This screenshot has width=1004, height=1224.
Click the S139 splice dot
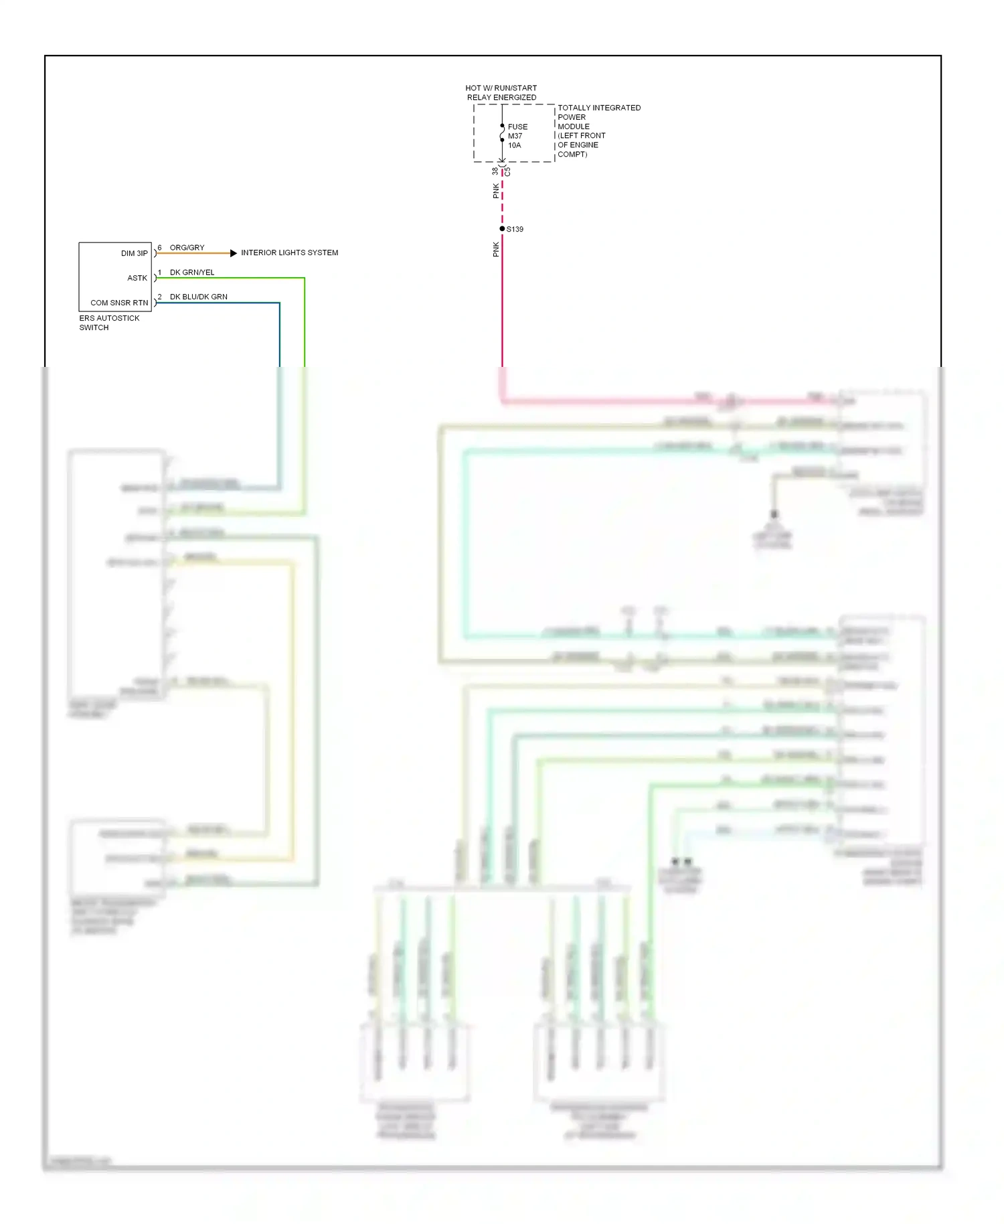coord(502,229)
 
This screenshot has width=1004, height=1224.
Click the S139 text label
coord(515,229)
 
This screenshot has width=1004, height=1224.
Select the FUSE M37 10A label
coord(517,136)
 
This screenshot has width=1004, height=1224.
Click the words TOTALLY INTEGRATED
coord(599,108)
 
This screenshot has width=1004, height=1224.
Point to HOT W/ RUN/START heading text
coord(501,88)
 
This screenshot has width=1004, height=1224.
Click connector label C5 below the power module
coord(508,172)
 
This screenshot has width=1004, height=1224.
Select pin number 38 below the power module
coord(495,171)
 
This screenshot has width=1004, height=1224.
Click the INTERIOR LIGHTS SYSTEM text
coord(289,253)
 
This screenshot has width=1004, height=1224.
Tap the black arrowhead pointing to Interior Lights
coord(233,253)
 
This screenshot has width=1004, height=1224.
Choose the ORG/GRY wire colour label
coord(187,248)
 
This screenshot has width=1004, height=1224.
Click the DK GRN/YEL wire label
coord(192,273)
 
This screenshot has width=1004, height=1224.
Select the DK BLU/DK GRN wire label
coord(198,297)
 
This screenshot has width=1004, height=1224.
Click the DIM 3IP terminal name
coord(134,254)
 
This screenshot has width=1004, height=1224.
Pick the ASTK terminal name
coord(137,278)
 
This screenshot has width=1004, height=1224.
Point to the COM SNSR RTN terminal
coord(119,303)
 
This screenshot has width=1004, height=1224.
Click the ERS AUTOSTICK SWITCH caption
coord(109,323)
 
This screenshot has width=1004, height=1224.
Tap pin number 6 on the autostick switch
coord(159,248)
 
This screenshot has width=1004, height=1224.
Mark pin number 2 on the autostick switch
coord(159,297)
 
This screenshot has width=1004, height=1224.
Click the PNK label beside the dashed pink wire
coord(496,192)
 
